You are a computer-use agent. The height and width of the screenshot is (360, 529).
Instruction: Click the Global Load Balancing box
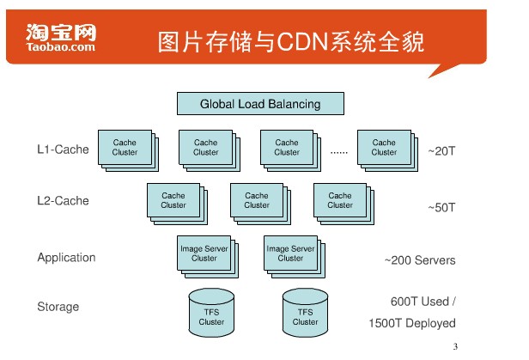pos(260,104)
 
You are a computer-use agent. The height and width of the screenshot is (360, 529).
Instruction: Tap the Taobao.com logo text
pos(61,46)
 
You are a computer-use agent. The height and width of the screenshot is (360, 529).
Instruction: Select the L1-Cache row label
pos(63,149)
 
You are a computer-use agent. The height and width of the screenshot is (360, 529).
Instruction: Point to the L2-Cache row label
pos(63,201)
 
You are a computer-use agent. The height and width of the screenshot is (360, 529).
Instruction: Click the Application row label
pos(66,258)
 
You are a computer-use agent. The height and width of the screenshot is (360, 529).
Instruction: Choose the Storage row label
pos(58,307)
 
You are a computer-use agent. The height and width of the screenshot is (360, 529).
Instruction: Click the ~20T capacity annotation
pos(441,151)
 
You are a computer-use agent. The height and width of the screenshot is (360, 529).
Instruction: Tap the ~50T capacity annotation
pos(441,208)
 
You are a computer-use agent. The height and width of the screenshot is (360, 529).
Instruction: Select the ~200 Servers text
pos(420,260)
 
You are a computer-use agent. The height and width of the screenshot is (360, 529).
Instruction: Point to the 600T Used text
pos(423,302)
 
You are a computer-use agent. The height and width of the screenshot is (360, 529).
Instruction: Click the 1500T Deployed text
pos(412,323)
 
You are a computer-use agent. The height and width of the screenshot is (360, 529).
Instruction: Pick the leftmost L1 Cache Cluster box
pos(128,150)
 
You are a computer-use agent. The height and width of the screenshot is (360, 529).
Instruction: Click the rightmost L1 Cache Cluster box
pos(387,150)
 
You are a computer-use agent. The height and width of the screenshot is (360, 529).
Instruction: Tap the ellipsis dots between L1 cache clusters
pos(339,153)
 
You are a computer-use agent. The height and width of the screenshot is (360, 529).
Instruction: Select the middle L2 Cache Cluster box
pos(260,204)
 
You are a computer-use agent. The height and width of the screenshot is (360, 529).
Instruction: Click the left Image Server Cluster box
pos(208,257)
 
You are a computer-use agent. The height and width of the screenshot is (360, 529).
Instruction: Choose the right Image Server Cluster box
pos(295,257)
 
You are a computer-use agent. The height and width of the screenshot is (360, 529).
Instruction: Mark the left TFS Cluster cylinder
pos(211,313)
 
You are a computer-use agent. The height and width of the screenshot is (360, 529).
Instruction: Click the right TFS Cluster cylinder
pos(306,313)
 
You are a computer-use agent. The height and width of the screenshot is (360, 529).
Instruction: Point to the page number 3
pos(455,346)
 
